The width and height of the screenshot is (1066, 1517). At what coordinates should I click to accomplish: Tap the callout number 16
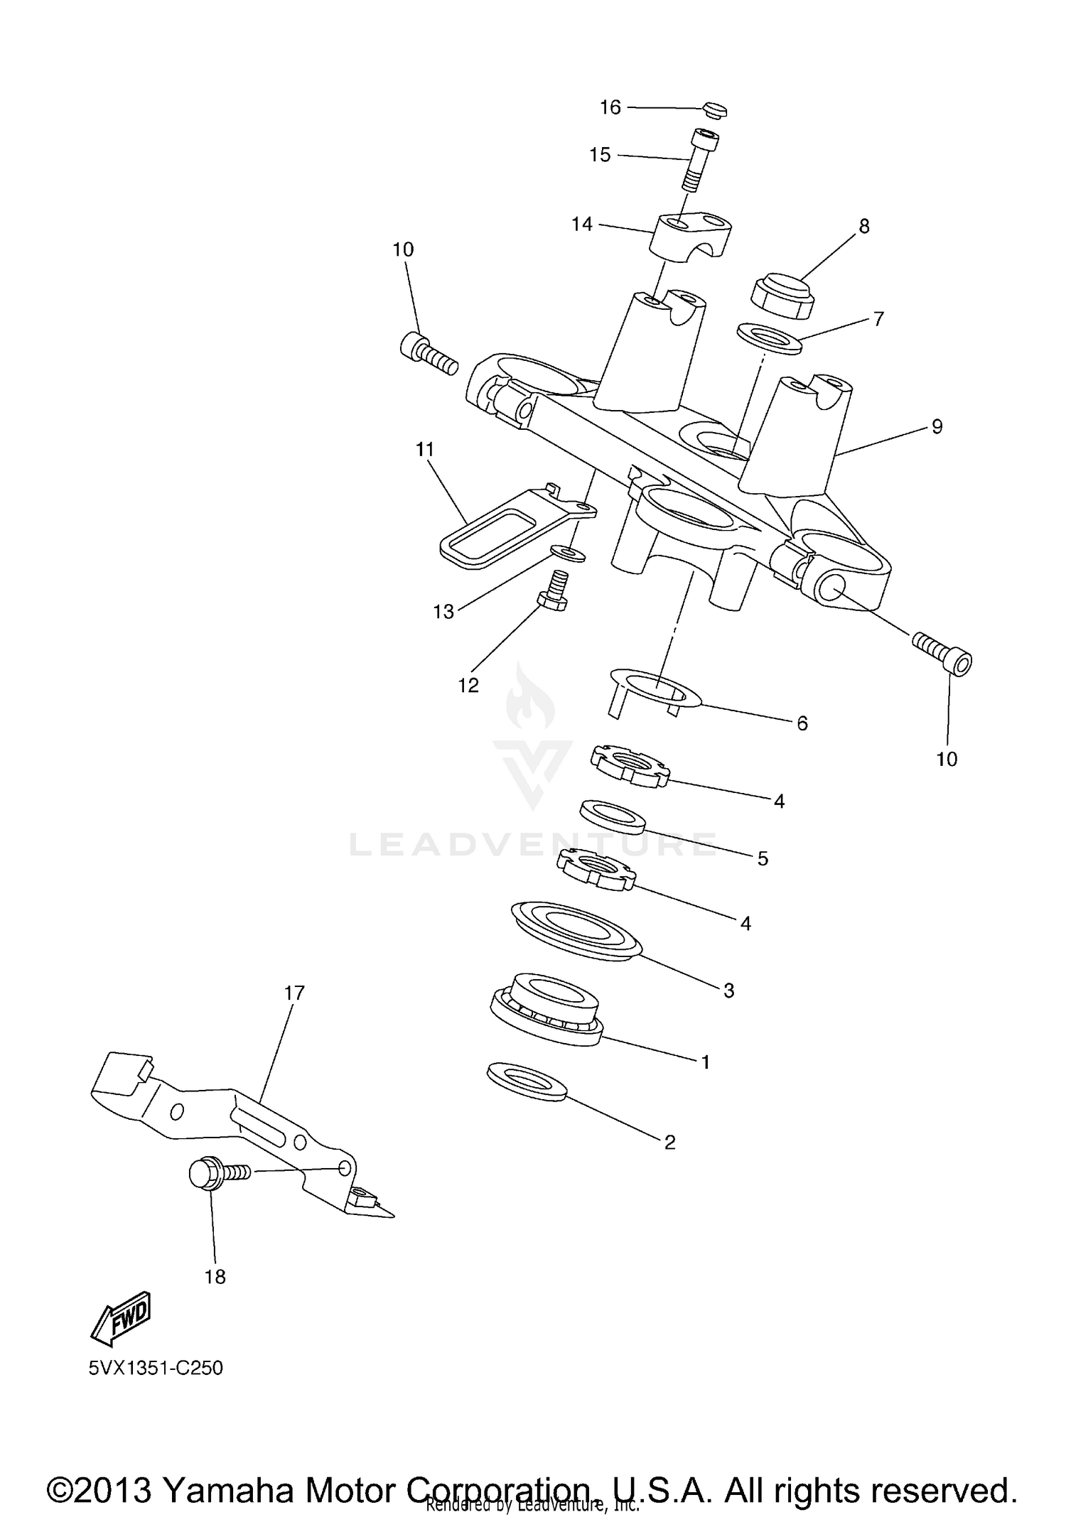click(x=610, y=107)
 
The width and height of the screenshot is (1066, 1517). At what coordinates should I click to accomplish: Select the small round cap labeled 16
click(x=715, y=110)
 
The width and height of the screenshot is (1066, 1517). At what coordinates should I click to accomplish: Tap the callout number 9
click(x=937, y=426)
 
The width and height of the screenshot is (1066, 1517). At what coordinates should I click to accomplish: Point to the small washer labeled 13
click(x=569, y=553)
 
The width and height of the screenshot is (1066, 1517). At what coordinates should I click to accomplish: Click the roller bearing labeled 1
click(x=546, y=1008)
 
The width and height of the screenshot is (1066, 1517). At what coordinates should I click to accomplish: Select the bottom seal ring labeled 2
click(x=527, y=1081)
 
